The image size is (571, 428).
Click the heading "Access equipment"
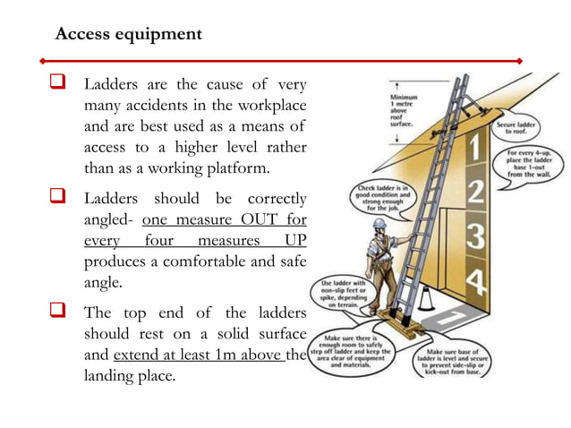(x=128, y=35)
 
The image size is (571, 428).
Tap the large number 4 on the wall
(x=477, y=283)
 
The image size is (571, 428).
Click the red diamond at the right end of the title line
(x=520, y=60)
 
